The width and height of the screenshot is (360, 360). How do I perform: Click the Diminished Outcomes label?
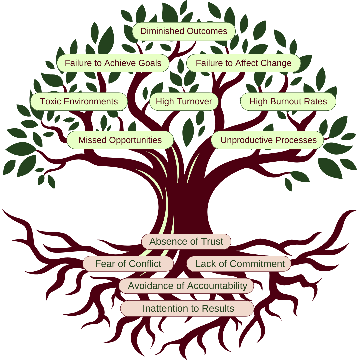click(x=184, y=31)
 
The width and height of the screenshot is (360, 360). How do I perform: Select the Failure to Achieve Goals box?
click(x=113, y=63)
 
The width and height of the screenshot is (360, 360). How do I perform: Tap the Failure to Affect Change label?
click(x=243, y=63)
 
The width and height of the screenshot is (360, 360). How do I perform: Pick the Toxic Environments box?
click(x=79, y=102)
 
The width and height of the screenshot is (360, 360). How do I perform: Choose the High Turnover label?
click(x=184, y=102)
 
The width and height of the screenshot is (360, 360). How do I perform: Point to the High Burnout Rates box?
click(x=288, y=102)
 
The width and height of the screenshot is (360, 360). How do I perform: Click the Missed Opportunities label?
click(x=120, y=140)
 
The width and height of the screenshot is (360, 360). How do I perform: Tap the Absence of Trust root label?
click(x=186, y=242)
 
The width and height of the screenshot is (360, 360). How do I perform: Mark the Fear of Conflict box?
click(x=128, y=264)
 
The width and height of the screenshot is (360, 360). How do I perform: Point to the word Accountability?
click(x=217, y=286)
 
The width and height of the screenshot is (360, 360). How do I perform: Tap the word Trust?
click(x=212, y=242)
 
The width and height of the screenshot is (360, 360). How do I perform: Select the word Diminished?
click(x=161, y=31)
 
